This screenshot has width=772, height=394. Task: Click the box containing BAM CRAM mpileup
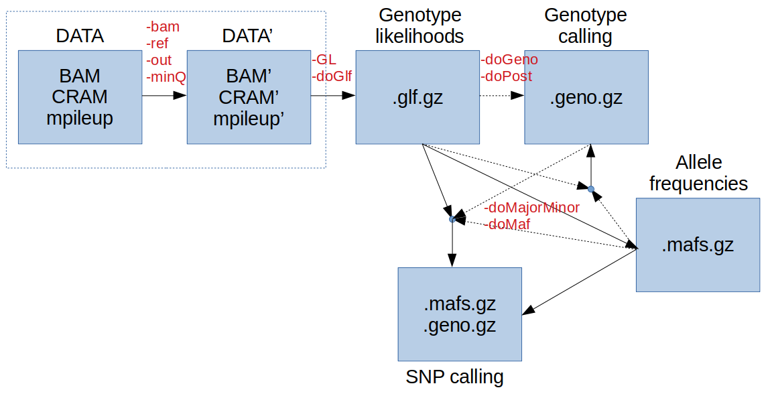coord(80,97)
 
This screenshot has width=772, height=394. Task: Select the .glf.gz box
coord(417,97)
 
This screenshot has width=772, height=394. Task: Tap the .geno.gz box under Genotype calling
coord(586,97)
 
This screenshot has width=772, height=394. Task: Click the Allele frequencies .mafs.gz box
coord(698,245)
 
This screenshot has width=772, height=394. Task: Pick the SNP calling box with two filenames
coord(460,314)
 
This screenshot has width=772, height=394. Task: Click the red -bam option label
coord(163,27)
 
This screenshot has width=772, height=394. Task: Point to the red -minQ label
coord(166,77)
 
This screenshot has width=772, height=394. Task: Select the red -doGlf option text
coord(332,76)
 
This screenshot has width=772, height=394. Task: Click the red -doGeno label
coord(509,60)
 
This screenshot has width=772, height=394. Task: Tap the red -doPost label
coord(507,76)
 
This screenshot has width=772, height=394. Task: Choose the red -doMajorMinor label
coord(531,207)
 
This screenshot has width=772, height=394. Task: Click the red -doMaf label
coord(507,224)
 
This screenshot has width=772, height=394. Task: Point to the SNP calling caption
coord(454,377)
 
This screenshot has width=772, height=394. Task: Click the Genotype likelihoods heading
coord(420,25)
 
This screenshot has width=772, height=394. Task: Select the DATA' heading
coord(248,36)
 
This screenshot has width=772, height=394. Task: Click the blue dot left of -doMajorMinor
coord(452,219)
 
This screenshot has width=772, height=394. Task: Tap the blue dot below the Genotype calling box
coord(591,189)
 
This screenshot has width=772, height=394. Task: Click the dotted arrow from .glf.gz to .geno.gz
coord(502,96)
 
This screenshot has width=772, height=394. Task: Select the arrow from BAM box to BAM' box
coord(164,96)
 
